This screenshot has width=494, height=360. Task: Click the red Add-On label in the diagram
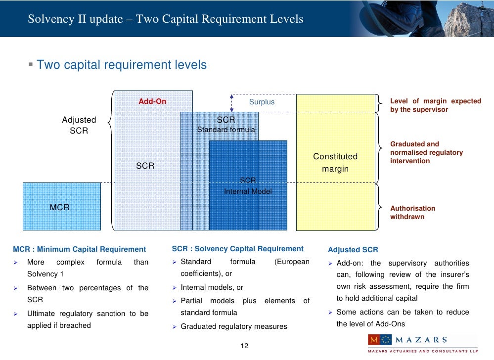(152, 101)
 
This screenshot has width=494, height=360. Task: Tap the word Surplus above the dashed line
(262, 102)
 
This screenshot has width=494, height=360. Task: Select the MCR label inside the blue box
(59, 207)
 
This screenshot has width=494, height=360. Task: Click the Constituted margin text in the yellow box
(335, 163)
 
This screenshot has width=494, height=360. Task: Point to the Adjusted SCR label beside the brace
(79, 125)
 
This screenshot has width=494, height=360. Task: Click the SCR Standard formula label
(226, 125)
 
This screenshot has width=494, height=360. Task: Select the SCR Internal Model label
(248, 186)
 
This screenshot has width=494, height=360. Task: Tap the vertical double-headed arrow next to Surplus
(231, 103)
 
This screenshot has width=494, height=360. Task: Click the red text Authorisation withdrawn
(413, 213)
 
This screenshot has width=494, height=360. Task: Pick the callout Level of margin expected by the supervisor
(435, 105)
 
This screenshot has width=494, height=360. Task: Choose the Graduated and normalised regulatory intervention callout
(426, 152)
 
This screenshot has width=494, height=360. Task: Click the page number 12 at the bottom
(244, 345)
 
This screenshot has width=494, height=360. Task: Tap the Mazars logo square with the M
(374, 340)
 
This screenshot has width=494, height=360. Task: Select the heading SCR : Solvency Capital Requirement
(237, 249)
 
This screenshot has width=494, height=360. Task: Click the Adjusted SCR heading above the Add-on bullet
(353, 250)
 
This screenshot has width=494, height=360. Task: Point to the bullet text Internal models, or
(212, 287)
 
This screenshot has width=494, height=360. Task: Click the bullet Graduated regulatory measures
(233, 326)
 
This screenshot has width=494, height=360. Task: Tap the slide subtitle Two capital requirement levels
(122, 65)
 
